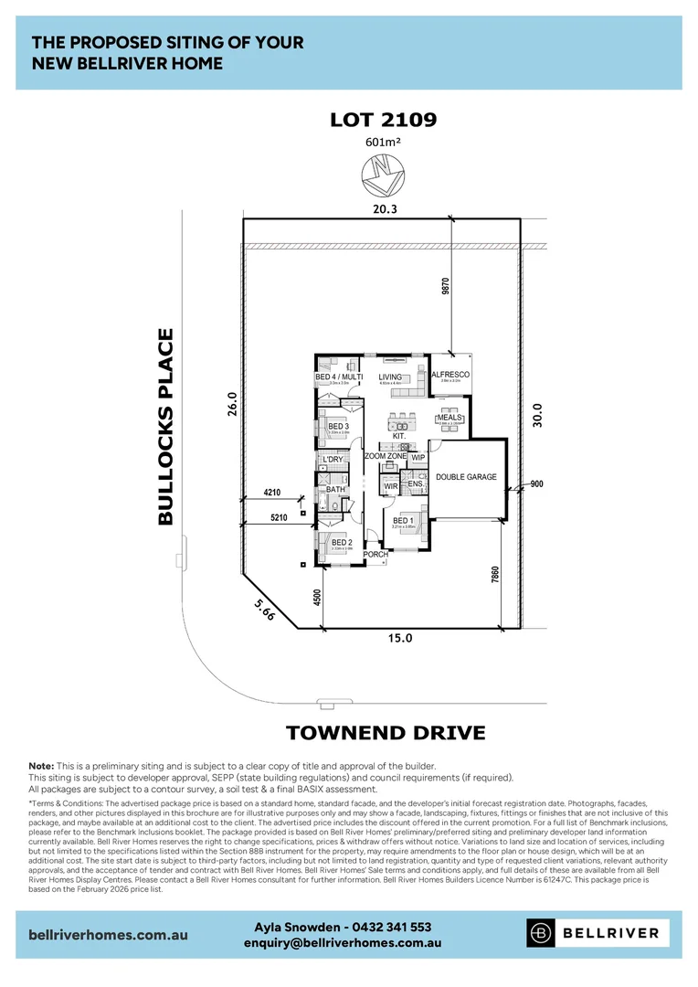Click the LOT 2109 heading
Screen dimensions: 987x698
click(x=384, y=120)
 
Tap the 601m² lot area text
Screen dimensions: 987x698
click(x=383, y=141)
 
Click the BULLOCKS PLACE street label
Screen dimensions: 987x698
click(x=165, y=427)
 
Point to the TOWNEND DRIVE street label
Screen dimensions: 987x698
click(x=385, y=733)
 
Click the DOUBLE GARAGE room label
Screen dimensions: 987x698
click(x=466, y=477)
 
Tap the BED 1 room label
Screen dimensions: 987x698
click(x=404, y=521)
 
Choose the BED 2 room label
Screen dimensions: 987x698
click(x=342, y=543)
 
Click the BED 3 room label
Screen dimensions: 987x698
click(x=338, y=427)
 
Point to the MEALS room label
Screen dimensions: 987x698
click(x=449, y=418)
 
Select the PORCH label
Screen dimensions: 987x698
click(x=375, y=555)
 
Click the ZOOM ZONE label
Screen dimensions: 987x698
click(x=386, y=456)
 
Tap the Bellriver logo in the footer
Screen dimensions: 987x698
click(x=598, y=933)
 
